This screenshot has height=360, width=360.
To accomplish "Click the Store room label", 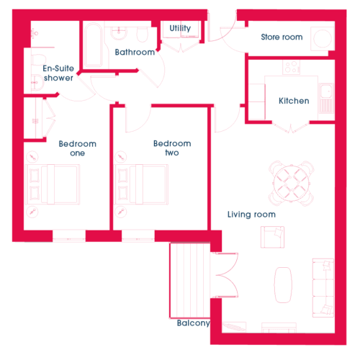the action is point(282,37).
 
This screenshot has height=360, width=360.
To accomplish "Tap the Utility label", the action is point(180,28).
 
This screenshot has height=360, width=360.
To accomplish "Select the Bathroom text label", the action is point(135,52).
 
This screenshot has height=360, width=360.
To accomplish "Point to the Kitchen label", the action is point(294,101).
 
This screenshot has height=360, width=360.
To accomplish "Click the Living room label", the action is point(251,215).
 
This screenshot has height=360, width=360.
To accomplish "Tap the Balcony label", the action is point(193,323).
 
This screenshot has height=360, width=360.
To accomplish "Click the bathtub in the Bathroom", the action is point(94,45).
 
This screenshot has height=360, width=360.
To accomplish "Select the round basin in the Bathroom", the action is point(119,33).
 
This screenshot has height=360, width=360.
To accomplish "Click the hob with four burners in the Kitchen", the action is point(291,67).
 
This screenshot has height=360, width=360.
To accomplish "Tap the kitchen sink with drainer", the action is point(326,98).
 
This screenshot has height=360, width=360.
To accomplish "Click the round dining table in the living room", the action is point(291,184).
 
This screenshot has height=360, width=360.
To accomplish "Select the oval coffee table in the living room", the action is point(283,285).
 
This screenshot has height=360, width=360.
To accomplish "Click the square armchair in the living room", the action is point(272,237).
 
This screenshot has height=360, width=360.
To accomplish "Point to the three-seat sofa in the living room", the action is point(323,288).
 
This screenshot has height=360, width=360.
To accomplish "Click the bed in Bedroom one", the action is point(53,184).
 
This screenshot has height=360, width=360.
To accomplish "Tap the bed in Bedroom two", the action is point(141,184).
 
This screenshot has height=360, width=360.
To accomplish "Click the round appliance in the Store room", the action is point(323,38).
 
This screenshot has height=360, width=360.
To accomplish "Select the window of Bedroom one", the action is point(69,236).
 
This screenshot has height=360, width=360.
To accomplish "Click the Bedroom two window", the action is point(138,236).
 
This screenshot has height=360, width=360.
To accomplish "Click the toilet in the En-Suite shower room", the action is point(38,59).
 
